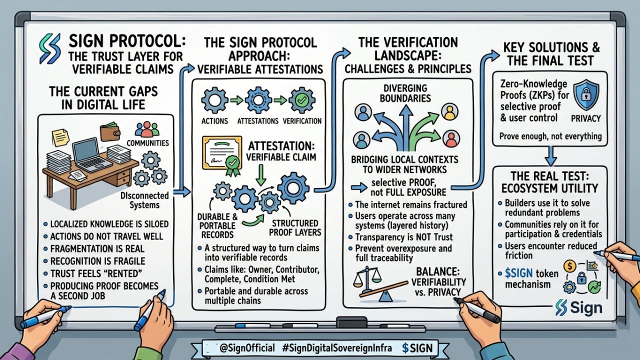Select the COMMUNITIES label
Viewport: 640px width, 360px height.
pos(148,143)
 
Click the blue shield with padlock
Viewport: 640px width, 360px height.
pos(582,92)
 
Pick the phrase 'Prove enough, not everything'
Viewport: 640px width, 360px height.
pos(550,135)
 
